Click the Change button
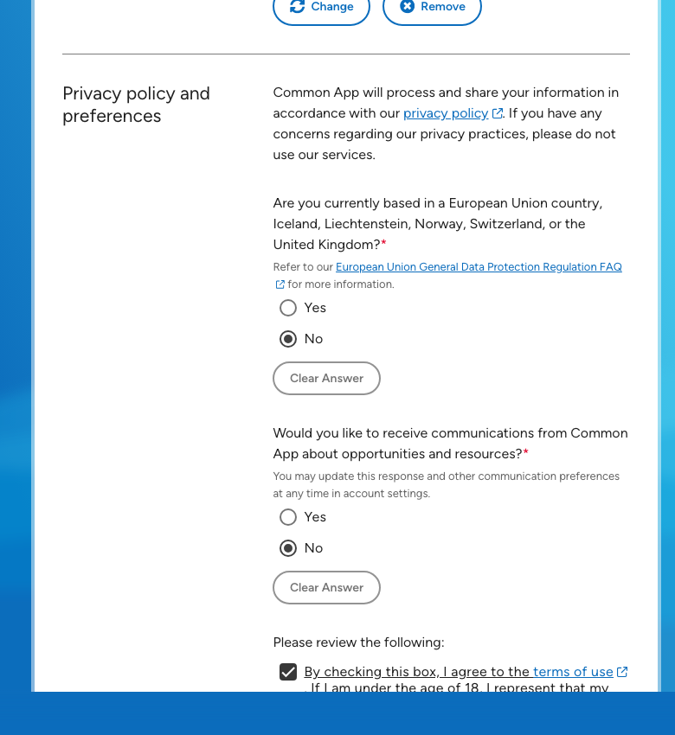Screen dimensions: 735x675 pyautogui.click(x=321, y=7)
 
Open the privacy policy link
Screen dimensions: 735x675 pyautogui.click(x=446, y=113)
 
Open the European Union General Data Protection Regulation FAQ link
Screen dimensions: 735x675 pyautogui.click(x=479, y=267)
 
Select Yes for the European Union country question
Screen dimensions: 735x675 pyautogui.click(x=288, y=308)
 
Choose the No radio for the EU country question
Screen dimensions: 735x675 pyautogui.click(x=288, y=339)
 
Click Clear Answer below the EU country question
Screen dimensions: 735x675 pyautogui.click(x=326, y=379)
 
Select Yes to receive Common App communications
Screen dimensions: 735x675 pyautogui.click(x=288, y=517)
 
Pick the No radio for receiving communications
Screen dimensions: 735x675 pyautogui.click(x=288, y=548)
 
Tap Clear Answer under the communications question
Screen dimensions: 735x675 pyautogui.click(x=326, y=588)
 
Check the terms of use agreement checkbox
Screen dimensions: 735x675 pyautogui.click(x=288, y=672)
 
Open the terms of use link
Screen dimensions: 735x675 pyautogui.click(x=573, y=672)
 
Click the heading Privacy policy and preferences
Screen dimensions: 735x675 pyautogui.click(x=136, y=105)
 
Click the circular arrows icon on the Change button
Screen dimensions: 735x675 pyautogui.click(x=298, y=7)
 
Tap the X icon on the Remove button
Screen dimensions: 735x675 pyautogui.click(x=407, y=7)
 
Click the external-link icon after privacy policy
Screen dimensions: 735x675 pyautogui.click(x=498, y=113)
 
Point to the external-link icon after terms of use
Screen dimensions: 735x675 pyautogui.click(x=622, y=672)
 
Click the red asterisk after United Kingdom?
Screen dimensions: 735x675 pyautogui.click(x=383, y=244)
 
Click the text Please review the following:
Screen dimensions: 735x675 pyautogui.click(x=358, y=642)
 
